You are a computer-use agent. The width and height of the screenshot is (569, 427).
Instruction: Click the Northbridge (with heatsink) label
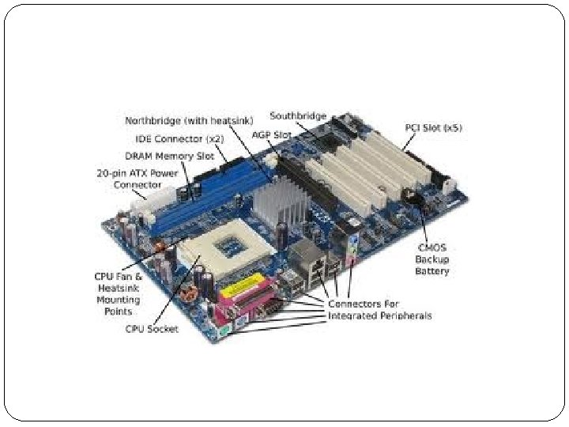189,120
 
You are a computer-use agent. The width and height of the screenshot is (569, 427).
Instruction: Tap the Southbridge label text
298,115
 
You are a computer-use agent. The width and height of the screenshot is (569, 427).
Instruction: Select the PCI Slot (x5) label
433,128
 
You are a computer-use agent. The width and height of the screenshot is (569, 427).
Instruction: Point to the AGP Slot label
271,135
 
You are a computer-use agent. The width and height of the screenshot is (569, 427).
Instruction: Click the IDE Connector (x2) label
179,138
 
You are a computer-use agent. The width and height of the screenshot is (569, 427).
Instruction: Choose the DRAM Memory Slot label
169,156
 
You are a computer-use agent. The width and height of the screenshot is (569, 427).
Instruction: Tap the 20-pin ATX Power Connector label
138,179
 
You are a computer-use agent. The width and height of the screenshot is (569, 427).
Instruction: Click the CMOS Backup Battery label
431,259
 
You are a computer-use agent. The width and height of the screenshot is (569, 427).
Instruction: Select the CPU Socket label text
152,329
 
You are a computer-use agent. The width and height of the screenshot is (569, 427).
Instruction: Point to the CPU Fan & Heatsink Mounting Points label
119,293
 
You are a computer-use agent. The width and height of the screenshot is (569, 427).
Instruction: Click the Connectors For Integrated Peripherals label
379,310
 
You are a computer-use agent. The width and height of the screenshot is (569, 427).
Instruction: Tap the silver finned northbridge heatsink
281,201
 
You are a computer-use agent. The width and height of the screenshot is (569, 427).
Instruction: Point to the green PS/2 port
224,331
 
